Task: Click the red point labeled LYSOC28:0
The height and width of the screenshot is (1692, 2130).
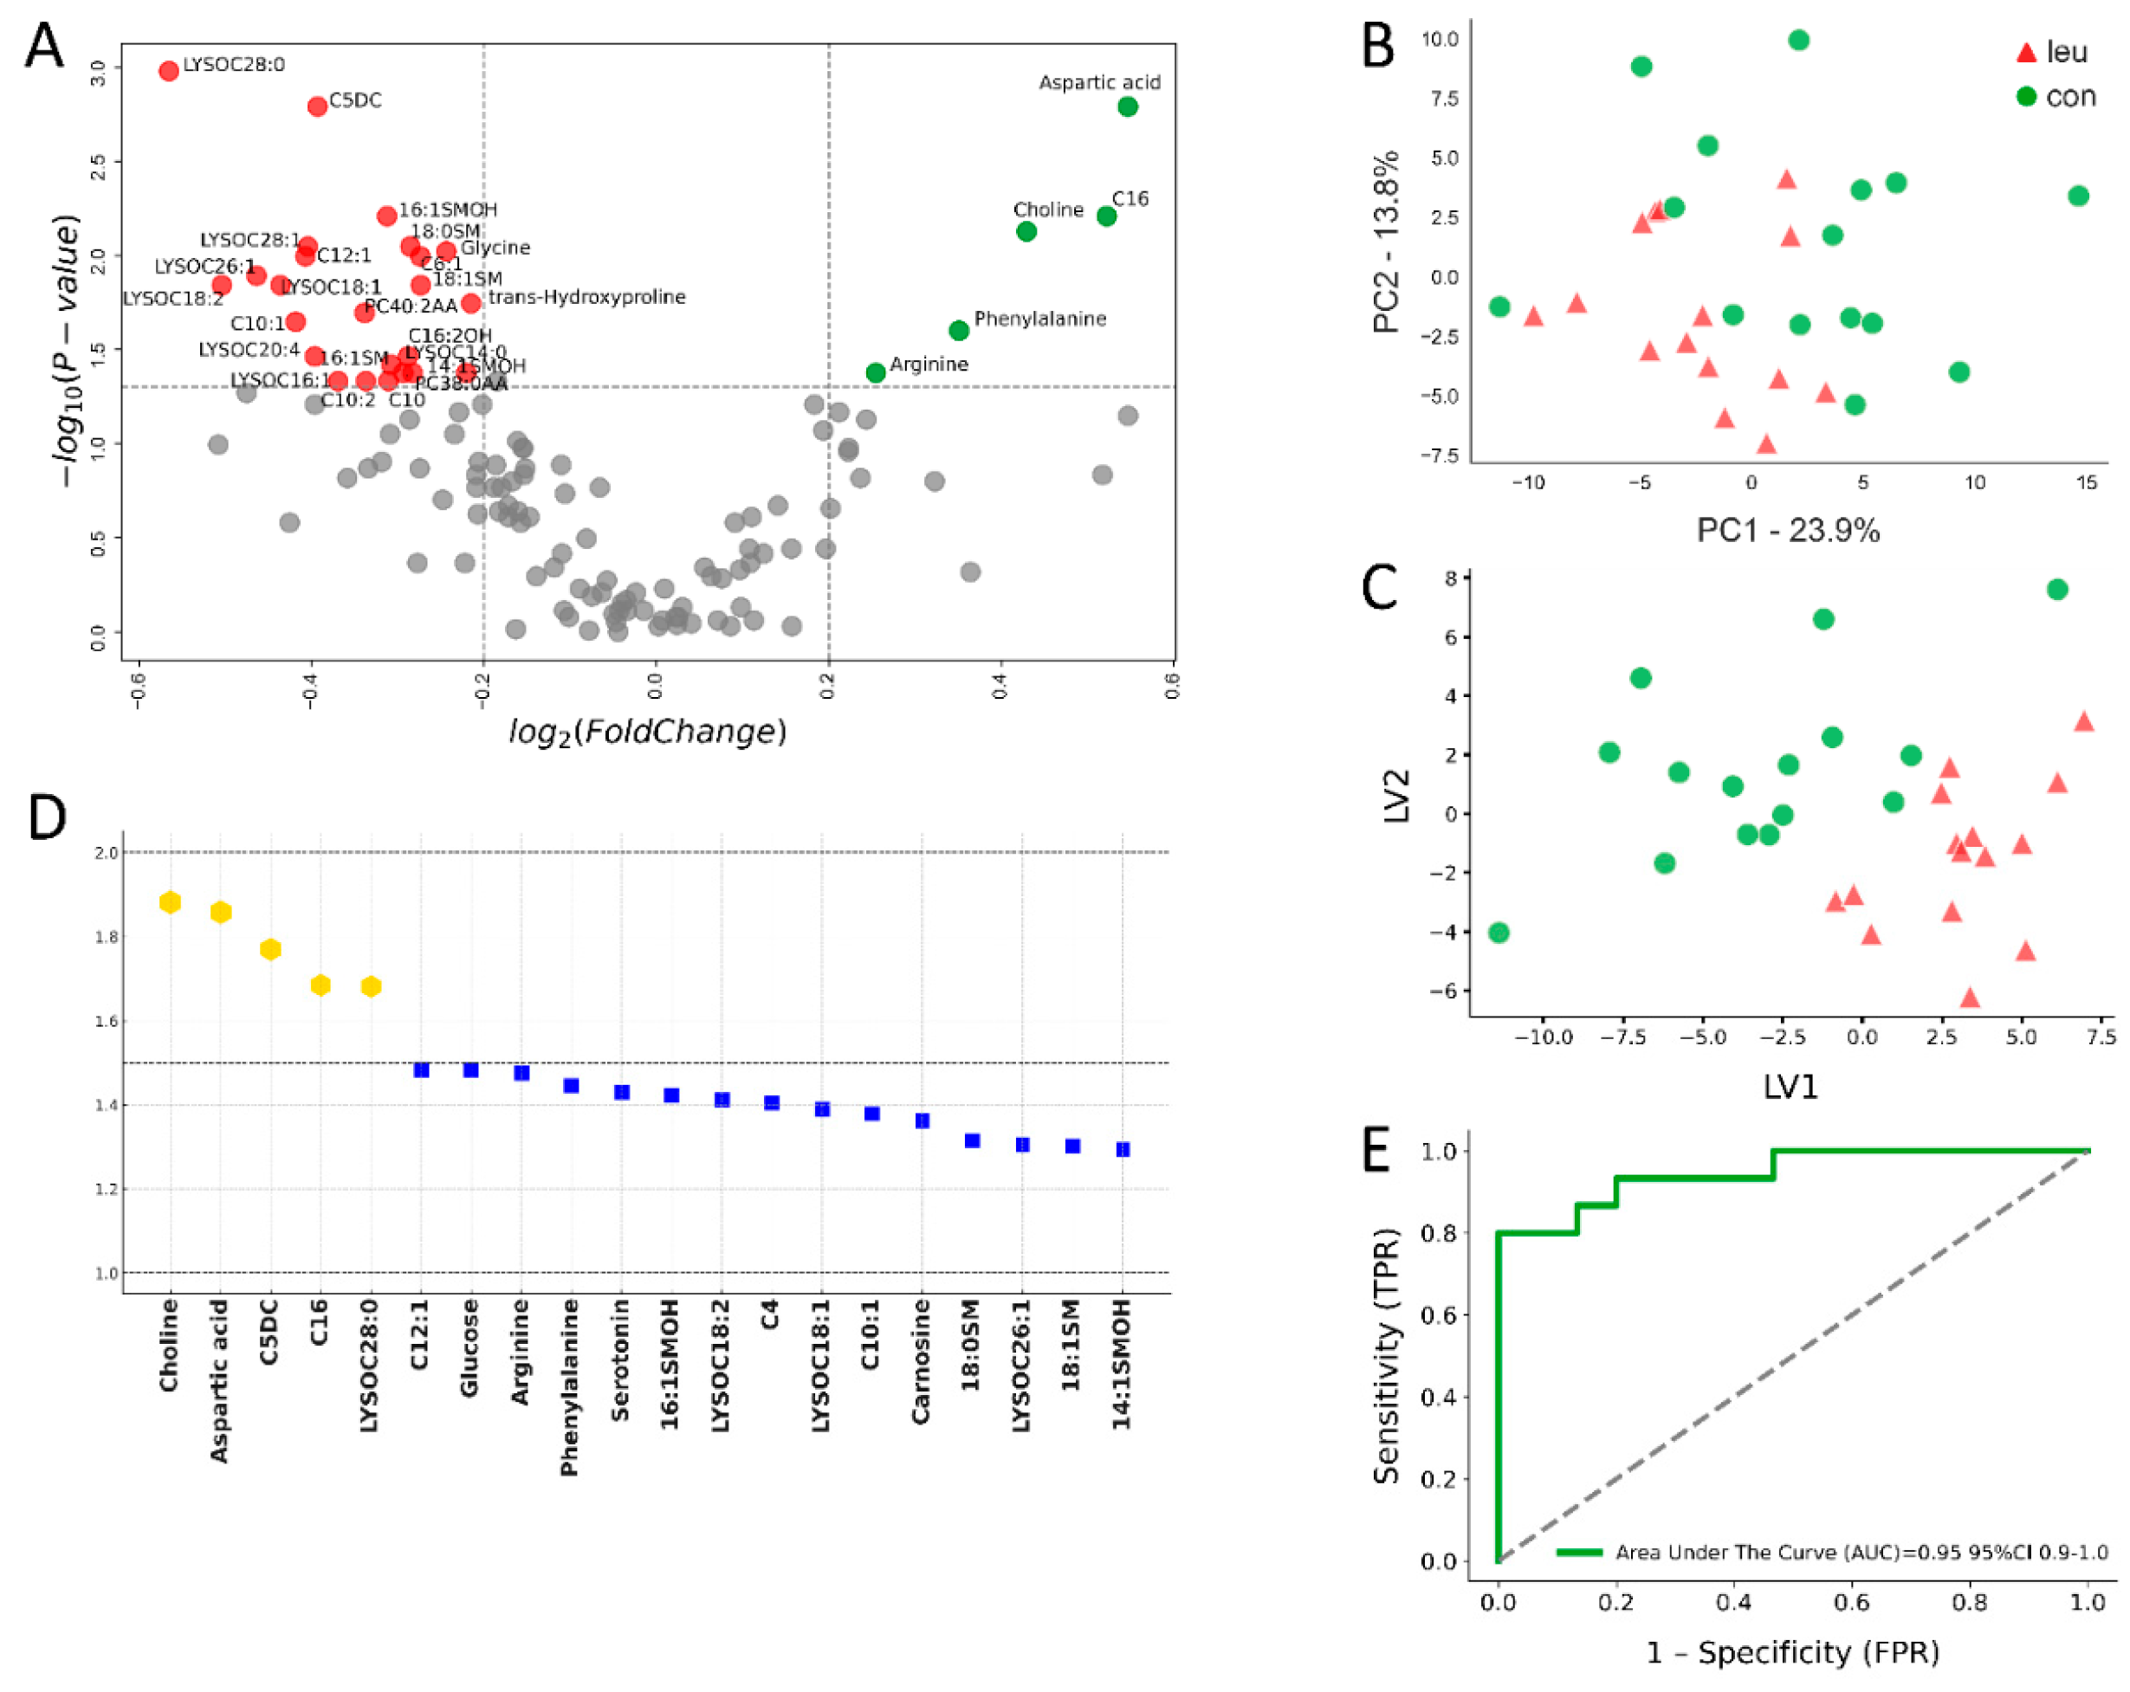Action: click(x=169, y=70)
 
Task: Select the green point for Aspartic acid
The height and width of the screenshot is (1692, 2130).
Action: click(x=1127, y=107)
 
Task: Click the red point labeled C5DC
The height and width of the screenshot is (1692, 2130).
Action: click(x=317, y=106)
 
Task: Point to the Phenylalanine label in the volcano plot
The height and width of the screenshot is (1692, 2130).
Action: click(x=1039, y=318)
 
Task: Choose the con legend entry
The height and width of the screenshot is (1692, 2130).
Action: click(x=2055, y=97)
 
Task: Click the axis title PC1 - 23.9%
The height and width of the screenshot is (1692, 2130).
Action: click(x=1787, y=531)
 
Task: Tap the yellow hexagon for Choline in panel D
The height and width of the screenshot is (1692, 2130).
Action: click(x=170, y=901)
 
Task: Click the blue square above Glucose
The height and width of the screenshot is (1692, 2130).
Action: click(x=471, y=1069)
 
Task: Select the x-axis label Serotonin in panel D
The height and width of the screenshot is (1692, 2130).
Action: click(x=620, y=1360)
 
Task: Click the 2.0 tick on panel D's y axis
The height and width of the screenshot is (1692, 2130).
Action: click(x=107, y=852)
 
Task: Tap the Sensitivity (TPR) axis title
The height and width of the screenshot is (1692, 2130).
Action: click(x=1387, y=1355)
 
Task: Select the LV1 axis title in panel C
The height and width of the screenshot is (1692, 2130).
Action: click(x=1790, y=1087)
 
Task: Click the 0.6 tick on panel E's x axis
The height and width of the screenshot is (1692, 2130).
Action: click(x=1851, y=1602)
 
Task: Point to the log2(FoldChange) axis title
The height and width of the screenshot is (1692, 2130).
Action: click(x=647, y=732)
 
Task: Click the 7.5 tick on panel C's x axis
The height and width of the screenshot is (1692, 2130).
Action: click(x=2101, y=1037)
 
